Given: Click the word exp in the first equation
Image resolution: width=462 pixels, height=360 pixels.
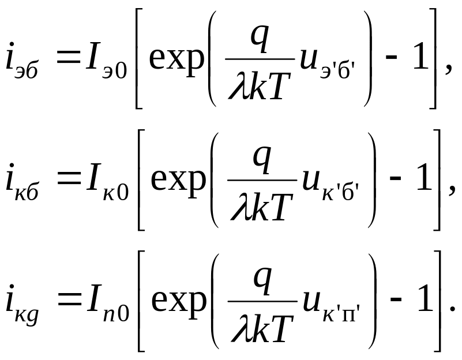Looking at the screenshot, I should (x=177, y=59).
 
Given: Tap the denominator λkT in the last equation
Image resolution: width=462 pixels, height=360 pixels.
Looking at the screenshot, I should (x=260, y=327).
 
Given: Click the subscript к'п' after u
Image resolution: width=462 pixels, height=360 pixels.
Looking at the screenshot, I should (x=340, y=314).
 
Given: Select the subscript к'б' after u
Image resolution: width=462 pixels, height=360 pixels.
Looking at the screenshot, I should (x=340, y=193).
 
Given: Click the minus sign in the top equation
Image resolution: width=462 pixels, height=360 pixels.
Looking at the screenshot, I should (x=392, y=61).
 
